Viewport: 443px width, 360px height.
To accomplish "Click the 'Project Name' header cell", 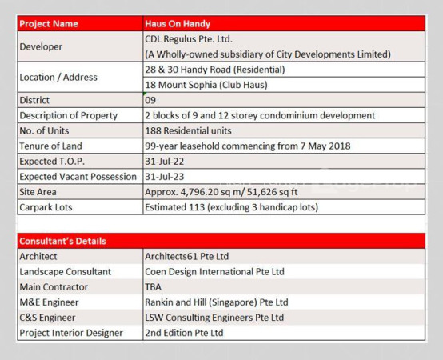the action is coord(80,23).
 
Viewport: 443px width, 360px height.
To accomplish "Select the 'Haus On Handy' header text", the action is coord(178,24).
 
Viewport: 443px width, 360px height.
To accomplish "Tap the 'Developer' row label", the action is coord(41,46).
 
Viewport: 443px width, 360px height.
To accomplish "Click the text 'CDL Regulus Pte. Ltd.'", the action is coord(189,39).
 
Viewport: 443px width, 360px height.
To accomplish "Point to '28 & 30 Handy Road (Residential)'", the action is coord(215,70).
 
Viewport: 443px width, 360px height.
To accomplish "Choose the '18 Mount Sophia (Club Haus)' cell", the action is coord(284,85).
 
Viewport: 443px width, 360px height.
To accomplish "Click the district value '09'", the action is coord(150,100).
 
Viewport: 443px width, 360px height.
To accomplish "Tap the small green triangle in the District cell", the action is coord(145,94).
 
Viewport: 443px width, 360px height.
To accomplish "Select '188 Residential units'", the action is coord(188,130).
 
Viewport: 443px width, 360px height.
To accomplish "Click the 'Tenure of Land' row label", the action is coord(50,146).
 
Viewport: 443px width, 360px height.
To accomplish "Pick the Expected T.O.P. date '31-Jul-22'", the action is coord(165,162).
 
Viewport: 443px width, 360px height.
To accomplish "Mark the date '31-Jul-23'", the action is coord(165,177).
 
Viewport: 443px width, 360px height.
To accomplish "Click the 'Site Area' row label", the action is coord(38,192).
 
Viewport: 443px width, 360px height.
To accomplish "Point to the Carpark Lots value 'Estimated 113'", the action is coord(174,207).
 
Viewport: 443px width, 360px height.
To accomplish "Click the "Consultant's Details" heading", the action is coord(62,241).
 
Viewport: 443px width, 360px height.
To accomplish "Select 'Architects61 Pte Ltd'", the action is coord(187,256).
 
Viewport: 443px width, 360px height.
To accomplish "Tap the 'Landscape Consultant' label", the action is coord(66,271).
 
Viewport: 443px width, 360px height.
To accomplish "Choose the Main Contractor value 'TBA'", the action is coord(153,287).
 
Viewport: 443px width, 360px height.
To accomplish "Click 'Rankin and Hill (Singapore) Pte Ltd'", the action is coord(217,302).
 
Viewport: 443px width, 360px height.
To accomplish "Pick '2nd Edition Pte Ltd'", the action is coord(184,333).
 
